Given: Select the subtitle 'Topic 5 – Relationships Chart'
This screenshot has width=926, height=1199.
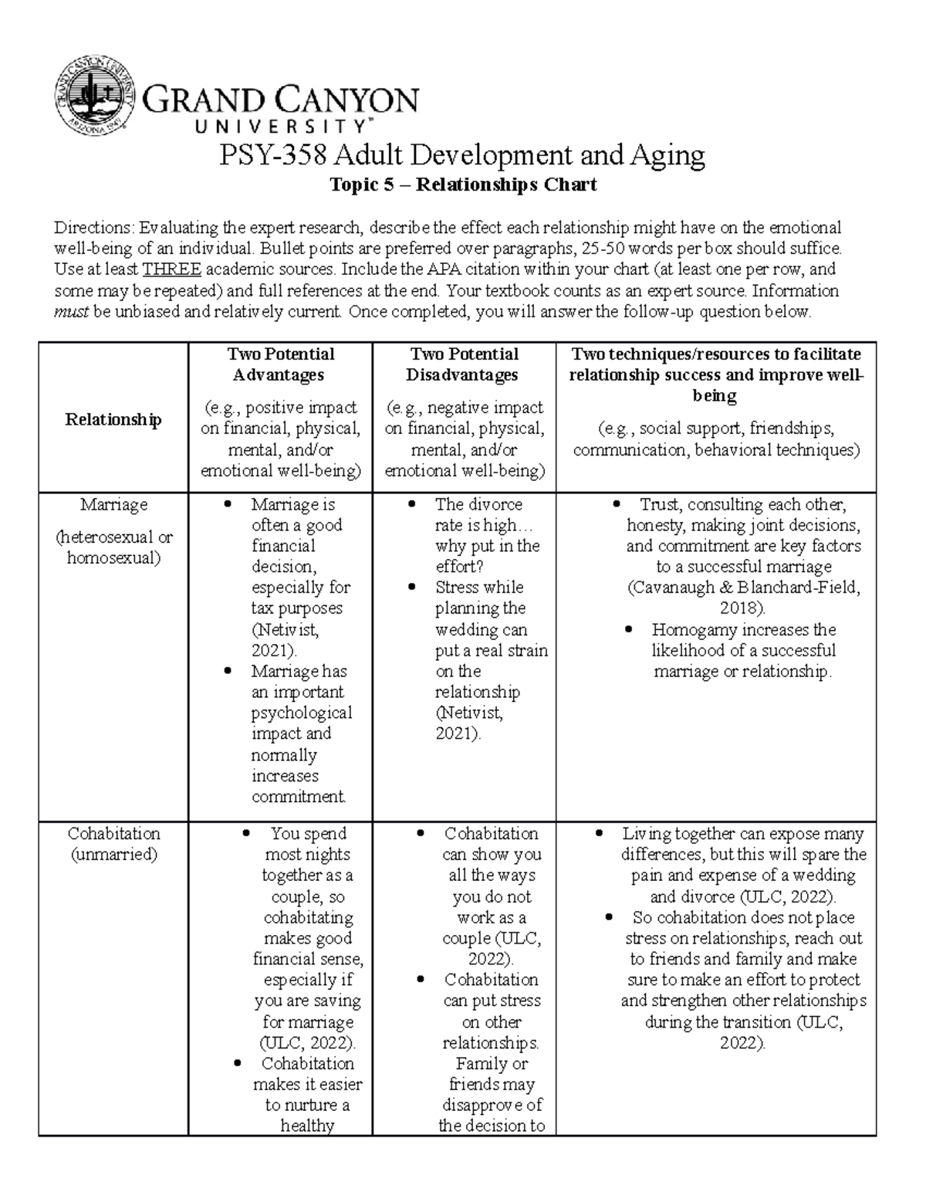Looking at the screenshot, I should pos(463,185).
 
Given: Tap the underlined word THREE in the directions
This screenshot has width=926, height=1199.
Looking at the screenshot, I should pos(172,269).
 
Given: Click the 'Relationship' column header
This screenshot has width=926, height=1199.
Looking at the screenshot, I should pos(113,419).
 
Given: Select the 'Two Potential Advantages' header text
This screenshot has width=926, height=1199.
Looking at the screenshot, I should pos(280,364).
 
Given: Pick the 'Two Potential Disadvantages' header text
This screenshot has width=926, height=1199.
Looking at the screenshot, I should pos(464,364).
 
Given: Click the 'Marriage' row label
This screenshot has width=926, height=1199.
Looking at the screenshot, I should pos(113,504).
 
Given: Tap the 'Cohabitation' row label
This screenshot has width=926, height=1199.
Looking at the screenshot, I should pos(113,834).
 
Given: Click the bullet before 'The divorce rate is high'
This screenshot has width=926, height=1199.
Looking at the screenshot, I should pos(412,504).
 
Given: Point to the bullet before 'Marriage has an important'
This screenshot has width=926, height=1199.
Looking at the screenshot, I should pos(228,671).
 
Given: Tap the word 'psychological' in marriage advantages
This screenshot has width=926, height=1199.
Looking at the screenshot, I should pos(302,713).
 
